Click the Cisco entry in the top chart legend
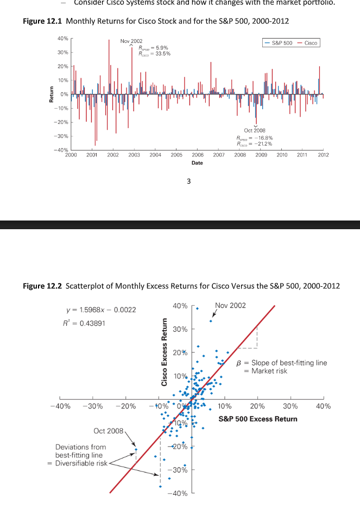311,43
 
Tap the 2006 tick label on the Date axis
198,155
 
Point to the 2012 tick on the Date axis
324,155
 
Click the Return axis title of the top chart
51,94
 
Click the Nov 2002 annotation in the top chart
131,41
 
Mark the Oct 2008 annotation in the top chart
255,130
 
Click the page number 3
188,181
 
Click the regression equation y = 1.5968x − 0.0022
100,310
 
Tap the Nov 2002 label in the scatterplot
230,306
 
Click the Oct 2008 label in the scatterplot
109,431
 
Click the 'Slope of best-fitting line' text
289,363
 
